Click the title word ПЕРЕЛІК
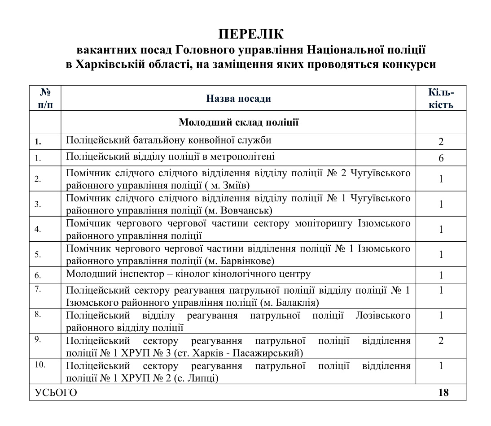click(x=245, y=34)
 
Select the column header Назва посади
click(x=238, y=98)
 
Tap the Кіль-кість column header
click(x=441, y=99)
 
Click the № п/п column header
click(x=45, y=99)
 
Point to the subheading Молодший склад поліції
click(x=238, y=122)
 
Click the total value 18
click(x=443, y=393)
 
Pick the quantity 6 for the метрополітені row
click(x=441, y=158)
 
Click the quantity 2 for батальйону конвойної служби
click(x=441, y=142)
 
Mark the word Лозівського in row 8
click(x=382, y=316)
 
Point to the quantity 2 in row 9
click(x=441, y=341)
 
